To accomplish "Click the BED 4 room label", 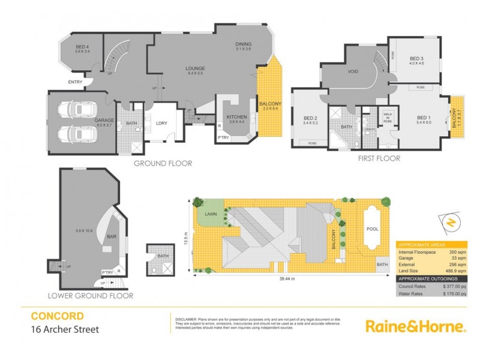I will (82, 47).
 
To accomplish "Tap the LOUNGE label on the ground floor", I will (195, 69).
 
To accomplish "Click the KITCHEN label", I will (234, 117).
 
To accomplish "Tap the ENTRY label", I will (76, 82).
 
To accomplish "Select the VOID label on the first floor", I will (353, 71).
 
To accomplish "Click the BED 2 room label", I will (310, 118).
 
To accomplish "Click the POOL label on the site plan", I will (373, 229).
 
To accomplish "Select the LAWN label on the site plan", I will (210, 214).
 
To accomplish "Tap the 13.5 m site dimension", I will (186, 239).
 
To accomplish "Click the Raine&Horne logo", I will (416, 326).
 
